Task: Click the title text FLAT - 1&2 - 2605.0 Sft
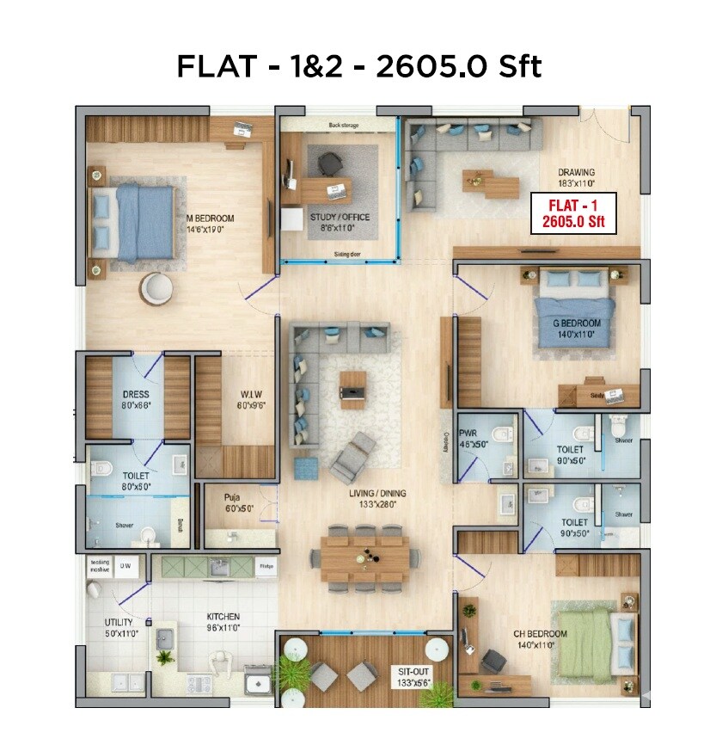coord(358,66)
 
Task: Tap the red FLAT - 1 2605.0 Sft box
coord(574,213)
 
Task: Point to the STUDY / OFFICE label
coord(340,222)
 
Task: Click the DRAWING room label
coord(575,177)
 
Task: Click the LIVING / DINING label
coord(370,499)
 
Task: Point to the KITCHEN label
coord(223,622)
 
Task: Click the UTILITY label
coord(119,627)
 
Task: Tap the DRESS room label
coord(136,400)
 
